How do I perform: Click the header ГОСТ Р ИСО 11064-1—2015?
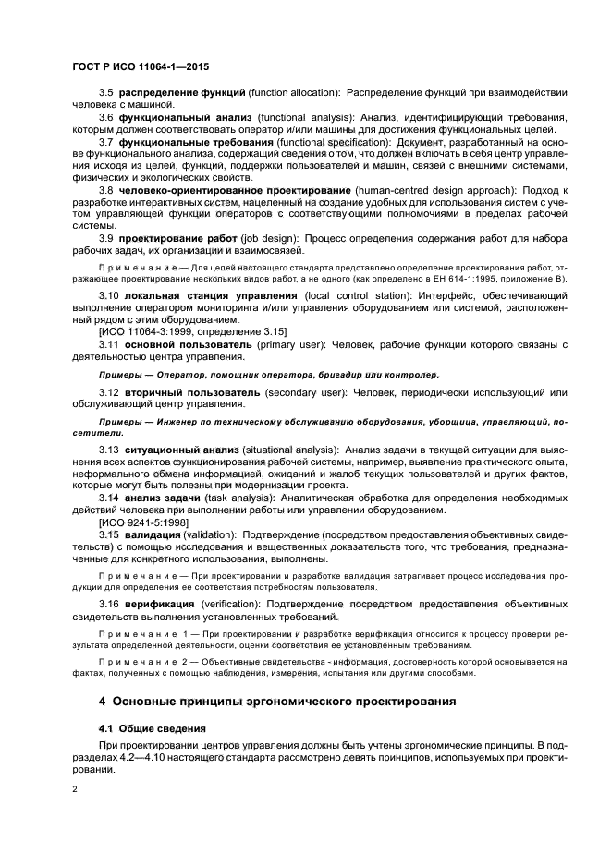[134, 65]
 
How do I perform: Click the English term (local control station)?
[323, 295]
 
